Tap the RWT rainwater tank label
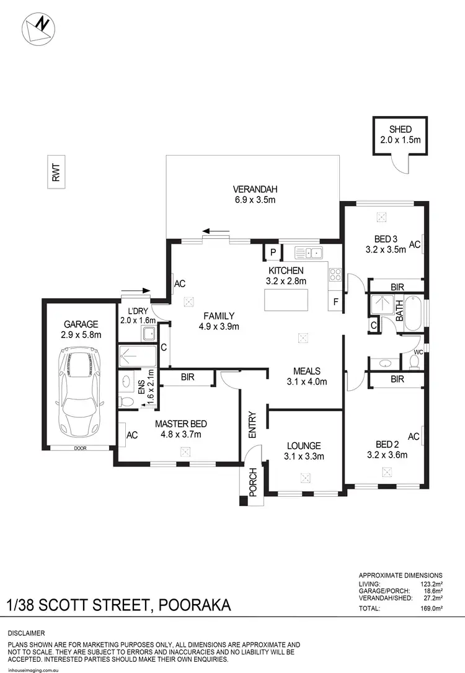(56, 175)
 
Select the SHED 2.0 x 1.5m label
(401, 135)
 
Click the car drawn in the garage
(80, 393)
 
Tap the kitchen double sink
(309, 252)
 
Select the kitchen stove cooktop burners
(336, 275)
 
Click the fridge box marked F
(335, 303)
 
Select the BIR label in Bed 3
(397, 287)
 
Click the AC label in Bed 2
(414, 437)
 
